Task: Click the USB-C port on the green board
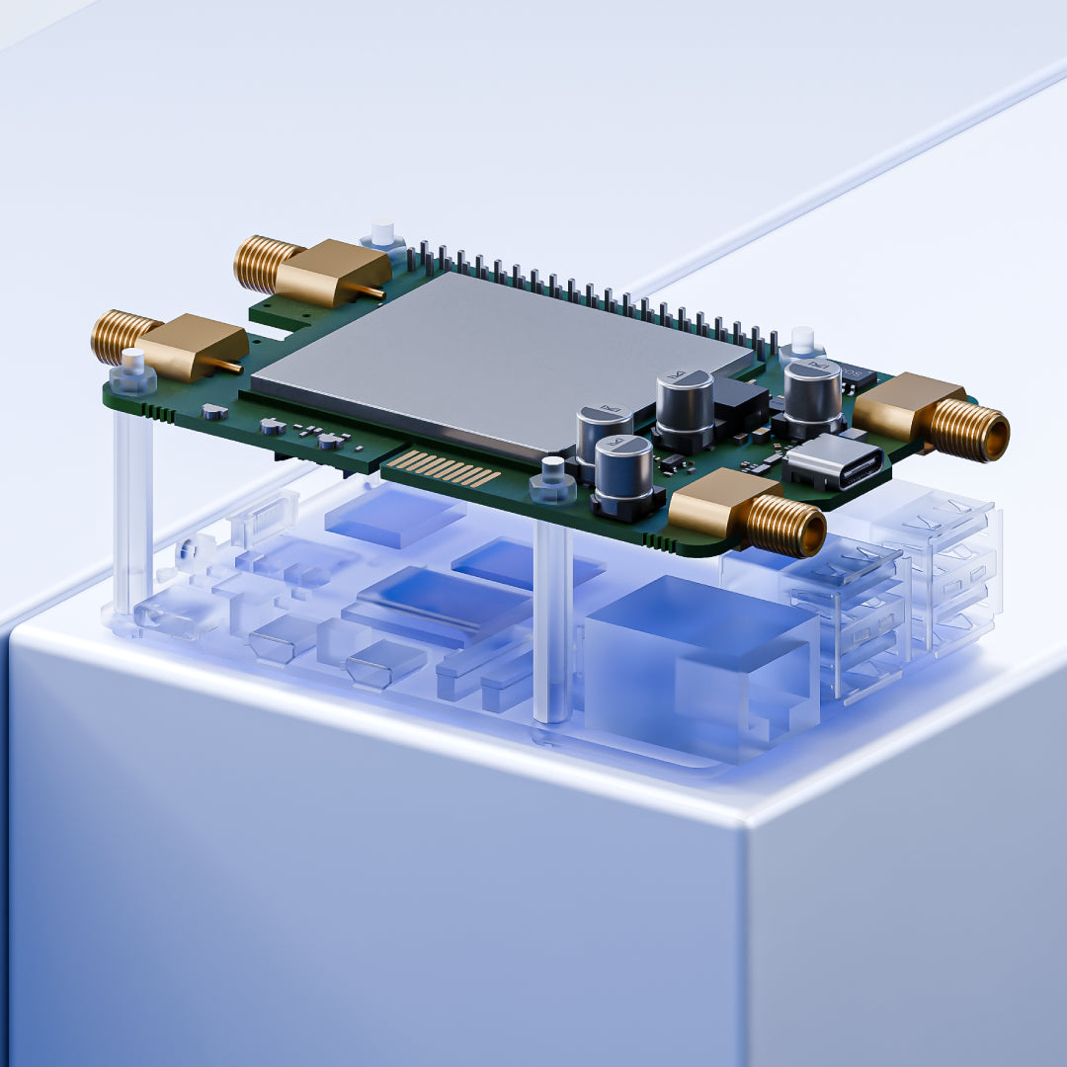[832, 464]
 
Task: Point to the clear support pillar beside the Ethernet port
[552, 622]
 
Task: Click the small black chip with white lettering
[856, 377]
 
